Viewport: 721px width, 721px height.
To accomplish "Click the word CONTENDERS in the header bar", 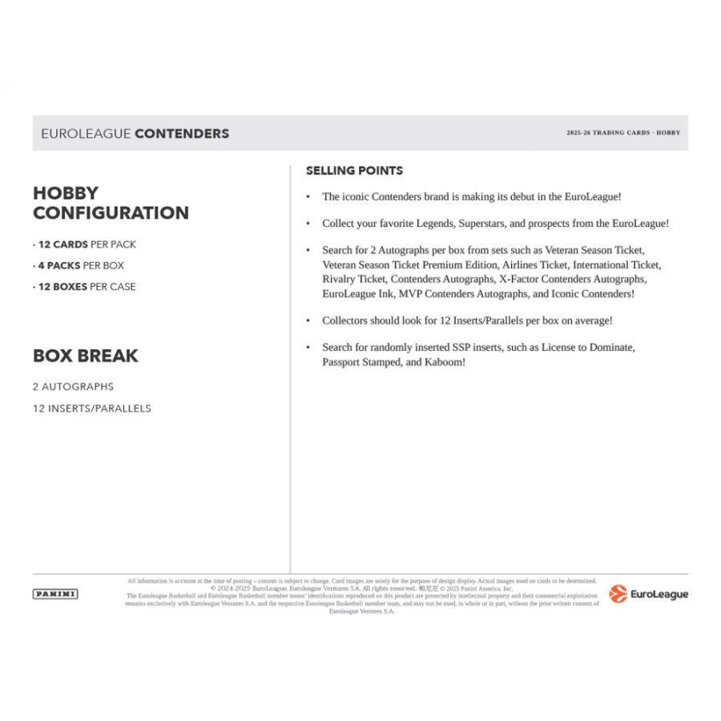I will click(182, 134).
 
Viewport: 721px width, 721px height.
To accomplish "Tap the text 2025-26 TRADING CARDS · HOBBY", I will click(622, 133).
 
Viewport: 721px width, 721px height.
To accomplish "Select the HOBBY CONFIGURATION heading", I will click(111, 203).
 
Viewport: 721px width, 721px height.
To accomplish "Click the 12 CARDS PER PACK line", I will click(85, 244).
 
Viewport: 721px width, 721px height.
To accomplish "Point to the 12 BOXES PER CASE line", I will click(84, 287).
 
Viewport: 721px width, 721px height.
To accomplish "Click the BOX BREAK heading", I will click(86, 356).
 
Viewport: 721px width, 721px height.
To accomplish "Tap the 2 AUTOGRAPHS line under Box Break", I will click(74, 386).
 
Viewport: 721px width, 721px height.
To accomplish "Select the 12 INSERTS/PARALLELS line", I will click(92, 408).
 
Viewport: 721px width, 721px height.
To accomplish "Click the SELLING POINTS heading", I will click(354, 171).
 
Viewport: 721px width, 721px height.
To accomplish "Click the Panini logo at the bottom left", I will click(55, 594).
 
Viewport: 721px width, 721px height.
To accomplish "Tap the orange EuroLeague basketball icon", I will click(618, 594).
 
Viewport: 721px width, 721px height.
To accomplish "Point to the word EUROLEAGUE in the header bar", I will click(86, 134).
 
